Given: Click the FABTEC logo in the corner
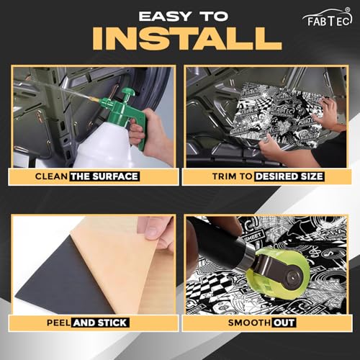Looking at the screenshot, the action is click(x=328, y=17).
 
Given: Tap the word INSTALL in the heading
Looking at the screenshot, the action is click(x=187, y=38).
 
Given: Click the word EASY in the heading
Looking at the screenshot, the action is click(x=165, y=17).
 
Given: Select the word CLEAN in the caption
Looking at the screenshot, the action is click(x=51, y=176).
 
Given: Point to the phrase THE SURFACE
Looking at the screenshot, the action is click(x=104, y=176).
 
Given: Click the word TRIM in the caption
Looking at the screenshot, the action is click(x=225, y=176).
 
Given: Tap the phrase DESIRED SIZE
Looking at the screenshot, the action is click(x=289, y=176).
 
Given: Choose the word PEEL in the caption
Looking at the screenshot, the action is click(x=58, y=323).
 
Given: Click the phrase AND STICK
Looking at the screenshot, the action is click(x=100, y=323).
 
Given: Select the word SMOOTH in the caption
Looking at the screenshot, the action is click(x=249, y=323).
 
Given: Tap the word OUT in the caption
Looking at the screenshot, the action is click(x=284, y=323).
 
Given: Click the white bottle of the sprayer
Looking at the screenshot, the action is click(x=103, y=145).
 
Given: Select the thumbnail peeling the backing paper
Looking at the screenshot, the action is click(x=94, y=265).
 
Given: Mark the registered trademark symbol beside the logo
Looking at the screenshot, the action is click(x=347, y=10).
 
